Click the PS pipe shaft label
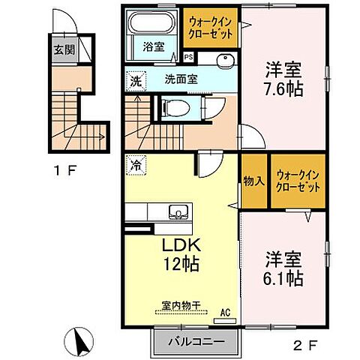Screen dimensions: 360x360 tap(187, 55)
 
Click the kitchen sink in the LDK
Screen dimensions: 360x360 tap(178, 211)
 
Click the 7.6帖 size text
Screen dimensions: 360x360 tap(283, 90)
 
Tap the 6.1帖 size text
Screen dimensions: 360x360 tap(283, 277)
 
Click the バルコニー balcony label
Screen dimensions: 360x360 tap(196, 341)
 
